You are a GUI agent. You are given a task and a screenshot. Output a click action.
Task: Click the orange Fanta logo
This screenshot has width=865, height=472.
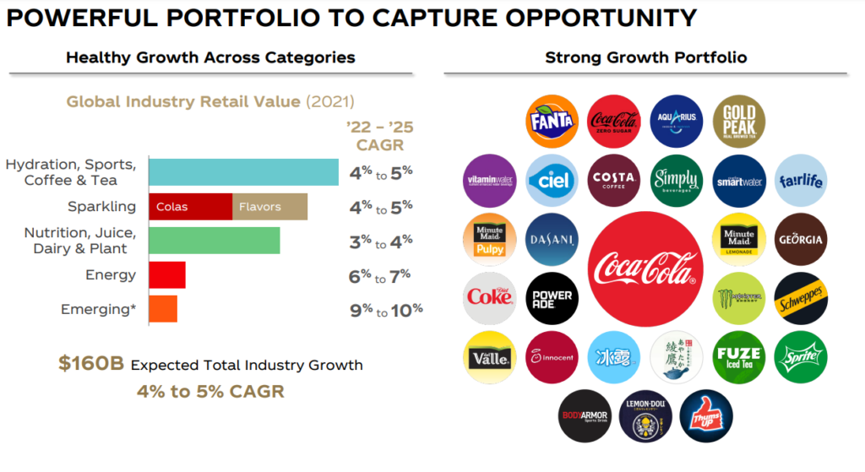[x=552, y=121]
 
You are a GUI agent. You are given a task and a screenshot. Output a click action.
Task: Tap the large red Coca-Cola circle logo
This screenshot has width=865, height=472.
[x=645, y=269]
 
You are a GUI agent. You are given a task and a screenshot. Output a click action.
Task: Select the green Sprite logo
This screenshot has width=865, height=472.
[x=799, y=357]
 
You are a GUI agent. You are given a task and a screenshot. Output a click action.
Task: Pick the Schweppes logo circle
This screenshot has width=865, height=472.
[x=799, y=298]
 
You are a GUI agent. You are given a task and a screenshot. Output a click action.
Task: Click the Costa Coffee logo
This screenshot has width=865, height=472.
[x=614, y=180]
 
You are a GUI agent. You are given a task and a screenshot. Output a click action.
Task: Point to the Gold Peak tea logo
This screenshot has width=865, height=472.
[x=738, y=121]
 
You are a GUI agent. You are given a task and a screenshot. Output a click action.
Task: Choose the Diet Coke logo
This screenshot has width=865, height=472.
[x=490, y=298]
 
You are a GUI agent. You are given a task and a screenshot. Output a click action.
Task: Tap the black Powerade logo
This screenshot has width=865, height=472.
[x=552, y=298]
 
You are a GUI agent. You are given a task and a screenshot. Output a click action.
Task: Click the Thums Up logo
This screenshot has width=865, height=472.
[x=706, y=415]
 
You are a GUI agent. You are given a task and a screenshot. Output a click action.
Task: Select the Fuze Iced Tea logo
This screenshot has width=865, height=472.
[x=738, y=357]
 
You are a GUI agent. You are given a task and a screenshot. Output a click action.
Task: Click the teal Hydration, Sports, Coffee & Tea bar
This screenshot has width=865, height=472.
[x=243, y=172]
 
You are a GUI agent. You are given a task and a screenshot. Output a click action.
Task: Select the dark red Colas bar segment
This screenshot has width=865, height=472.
[x=190, y=207]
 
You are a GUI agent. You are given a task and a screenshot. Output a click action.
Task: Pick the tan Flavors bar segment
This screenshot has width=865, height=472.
[x=269, y=207]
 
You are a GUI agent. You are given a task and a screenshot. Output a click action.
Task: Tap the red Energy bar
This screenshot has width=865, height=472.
[x=167, y=275]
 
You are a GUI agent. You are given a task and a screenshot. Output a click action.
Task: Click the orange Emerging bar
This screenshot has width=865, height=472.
[x=163, y=309]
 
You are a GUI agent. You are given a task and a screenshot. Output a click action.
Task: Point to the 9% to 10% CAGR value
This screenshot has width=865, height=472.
[x=385, y=310]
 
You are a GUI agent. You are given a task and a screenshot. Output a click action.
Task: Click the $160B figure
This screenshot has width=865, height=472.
[x=91, y=365]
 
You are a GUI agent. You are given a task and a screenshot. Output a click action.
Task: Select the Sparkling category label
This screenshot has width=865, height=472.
[x=101, y=207]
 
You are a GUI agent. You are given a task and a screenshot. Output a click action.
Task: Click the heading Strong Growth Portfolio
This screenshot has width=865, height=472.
[x=645, y=58]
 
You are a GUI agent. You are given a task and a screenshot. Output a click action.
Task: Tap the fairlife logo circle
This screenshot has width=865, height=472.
[x=799, y=180]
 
